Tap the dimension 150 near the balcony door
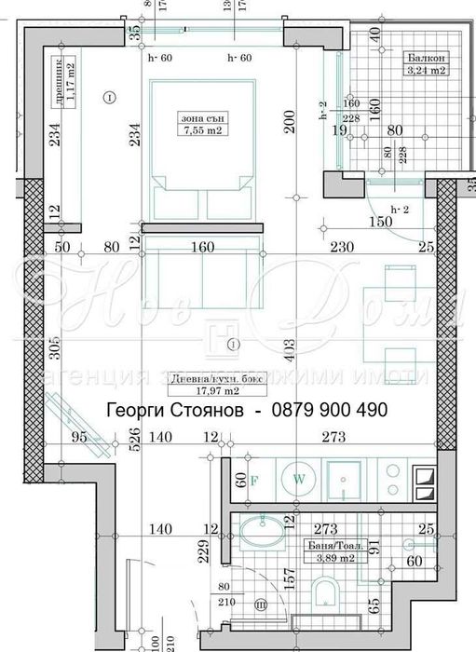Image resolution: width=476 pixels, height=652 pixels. (x=381, y=222)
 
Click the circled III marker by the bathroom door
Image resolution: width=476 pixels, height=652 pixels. (x=262, y=605)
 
